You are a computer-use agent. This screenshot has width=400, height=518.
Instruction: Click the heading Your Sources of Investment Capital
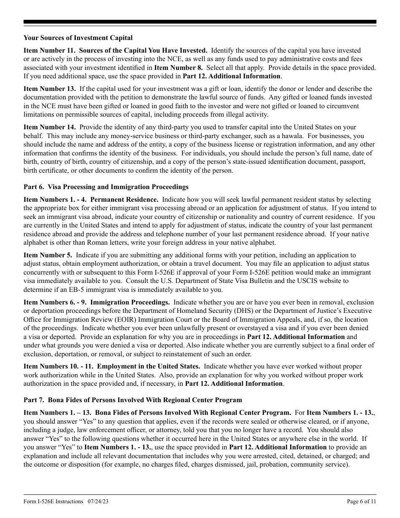click(78, 38)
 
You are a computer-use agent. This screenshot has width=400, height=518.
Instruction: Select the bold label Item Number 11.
click(50, 51)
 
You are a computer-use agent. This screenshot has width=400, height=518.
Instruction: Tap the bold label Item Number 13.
click(50, 89)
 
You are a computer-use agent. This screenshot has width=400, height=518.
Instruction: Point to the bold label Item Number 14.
click(50, 127)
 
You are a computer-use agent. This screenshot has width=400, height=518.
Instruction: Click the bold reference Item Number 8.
click(179, 67)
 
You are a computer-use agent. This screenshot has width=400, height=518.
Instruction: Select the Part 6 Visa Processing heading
click(106, 187)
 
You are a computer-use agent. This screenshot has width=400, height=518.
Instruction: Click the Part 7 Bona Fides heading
click(133, 400)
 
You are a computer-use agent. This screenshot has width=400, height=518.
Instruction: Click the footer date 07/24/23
click(100, 502)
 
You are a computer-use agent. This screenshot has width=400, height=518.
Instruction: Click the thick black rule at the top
click(200, 22)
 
